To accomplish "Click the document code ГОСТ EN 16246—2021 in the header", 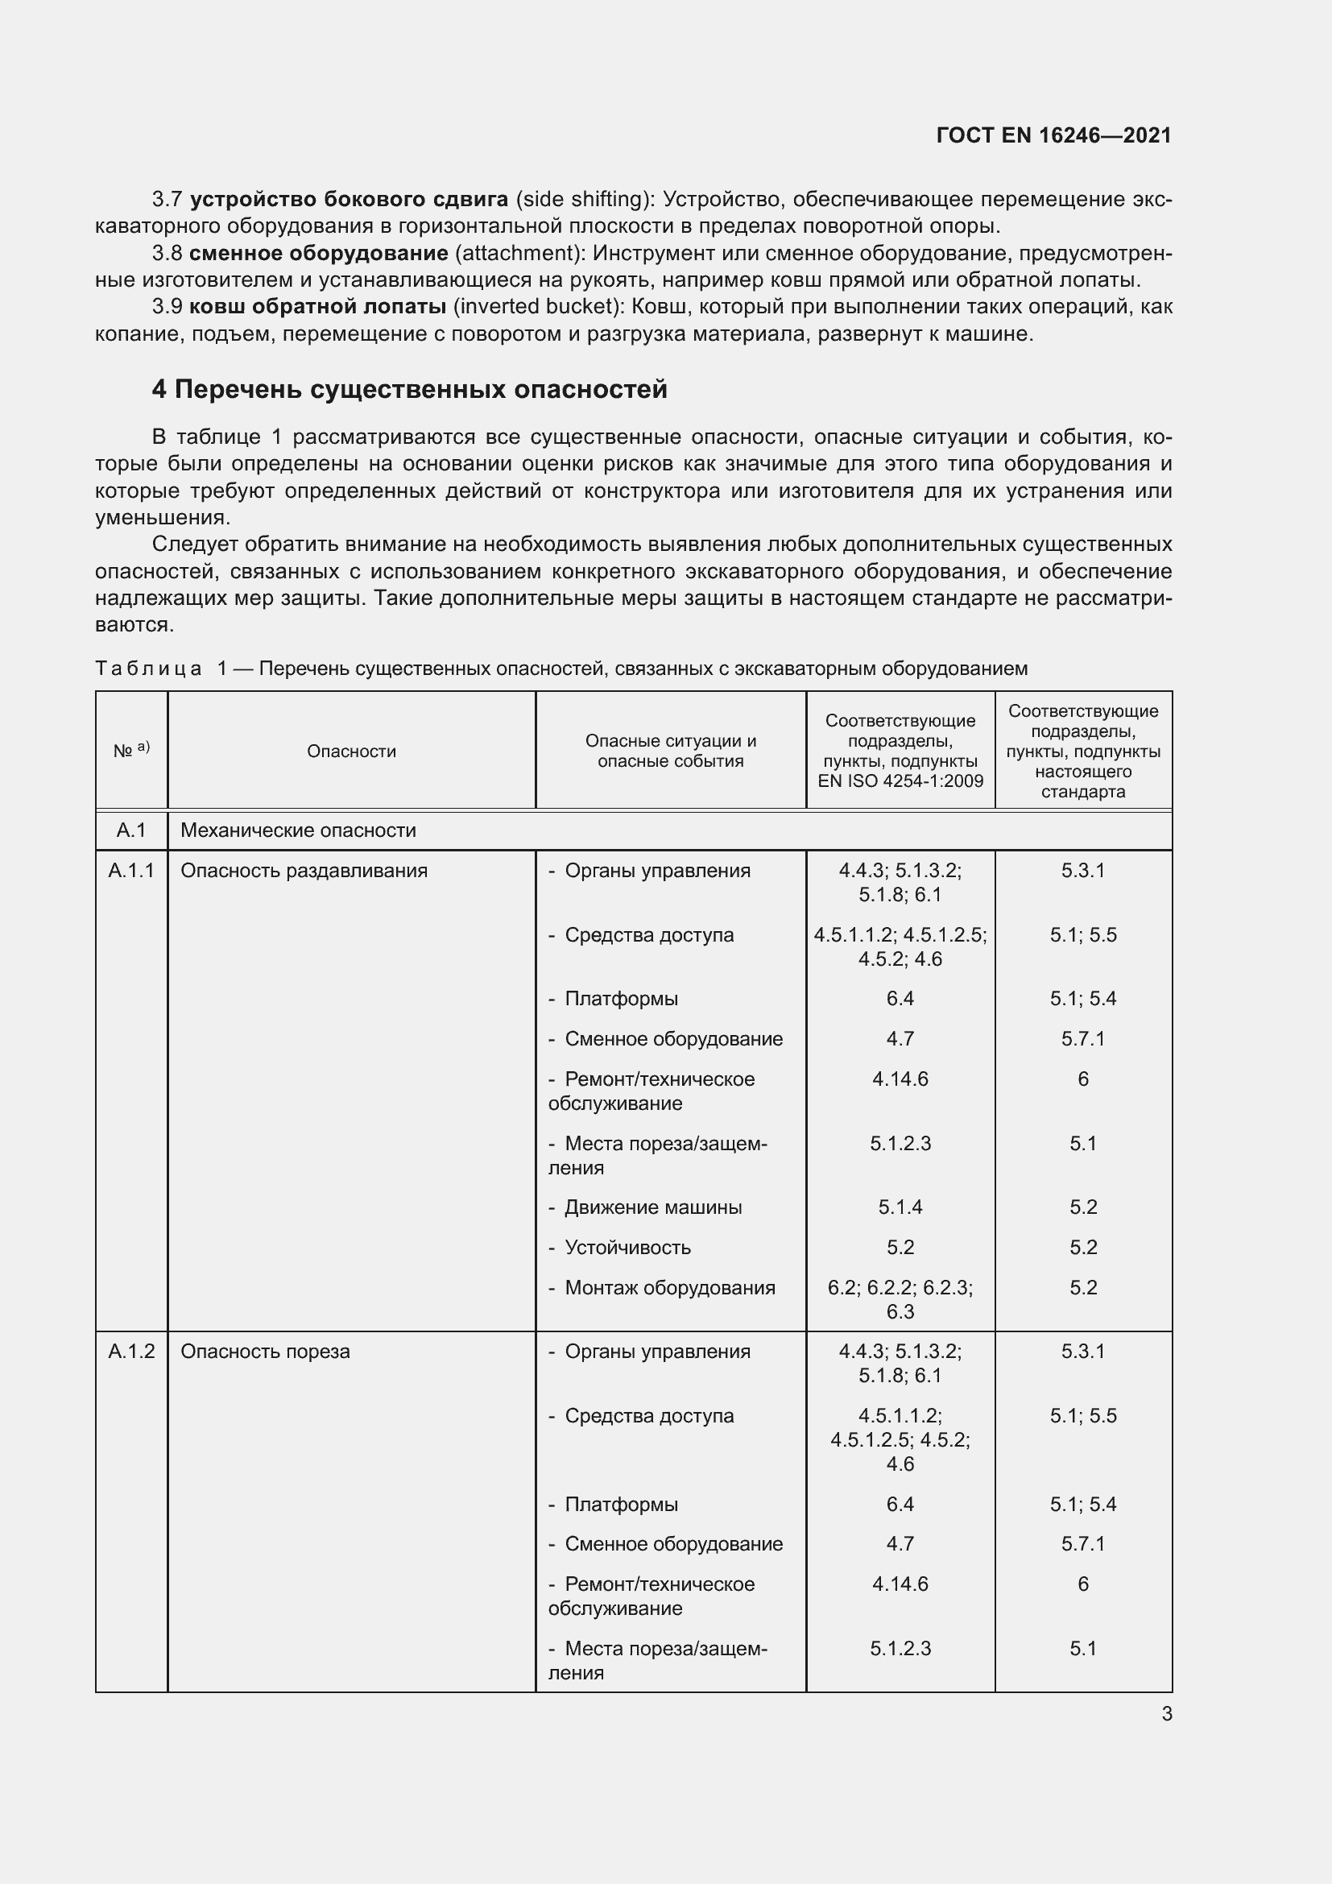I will tap(1053, 136).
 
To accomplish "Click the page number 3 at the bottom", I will tap(1166, 1713).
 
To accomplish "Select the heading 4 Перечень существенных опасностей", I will tap(409, 389).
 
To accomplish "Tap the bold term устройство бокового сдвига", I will tap(349, 200).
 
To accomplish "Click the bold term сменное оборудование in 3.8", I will tap(318, 254).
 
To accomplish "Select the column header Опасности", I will tap(351, 752).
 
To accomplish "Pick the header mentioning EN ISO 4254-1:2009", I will tap(900, 751).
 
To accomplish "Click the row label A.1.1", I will tap(131, 871).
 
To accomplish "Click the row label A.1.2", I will tap(131, 1352).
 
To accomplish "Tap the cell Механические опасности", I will tap(298, 830).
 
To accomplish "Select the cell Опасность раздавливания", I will tap(304, 871).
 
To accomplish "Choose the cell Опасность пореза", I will tap(265, 1352).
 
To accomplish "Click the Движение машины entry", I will tap(652, 1207).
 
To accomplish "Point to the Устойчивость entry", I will tap(627, 1247).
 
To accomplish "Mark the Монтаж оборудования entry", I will tap(668, 1287).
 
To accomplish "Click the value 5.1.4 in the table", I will tap(900, 1207).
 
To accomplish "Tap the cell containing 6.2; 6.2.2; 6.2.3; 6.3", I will tap(900, 1299).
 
